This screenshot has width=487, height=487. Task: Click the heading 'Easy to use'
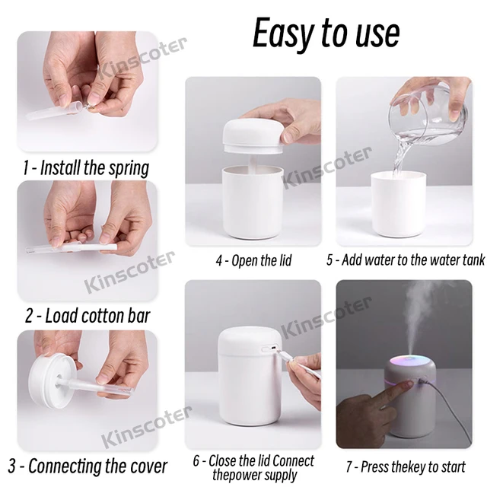(326, 33)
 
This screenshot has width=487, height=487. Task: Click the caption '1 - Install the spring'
(86, 167)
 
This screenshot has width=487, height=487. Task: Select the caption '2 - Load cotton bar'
(88, 317)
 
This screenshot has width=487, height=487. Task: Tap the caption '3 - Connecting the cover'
(88, 466)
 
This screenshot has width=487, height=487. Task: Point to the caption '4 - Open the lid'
(253, 260)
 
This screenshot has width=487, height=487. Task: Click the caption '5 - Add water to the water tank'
(406, 260)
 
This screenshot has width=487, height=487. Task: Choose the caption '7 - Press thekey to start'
(406, 466)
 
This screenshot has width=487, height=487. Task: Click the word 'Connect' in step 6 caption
(294, 461)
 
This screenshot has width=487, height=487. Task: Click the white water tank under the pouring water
(398, 205)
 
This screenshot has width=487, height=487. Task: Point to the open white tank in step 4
(253, 202)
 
